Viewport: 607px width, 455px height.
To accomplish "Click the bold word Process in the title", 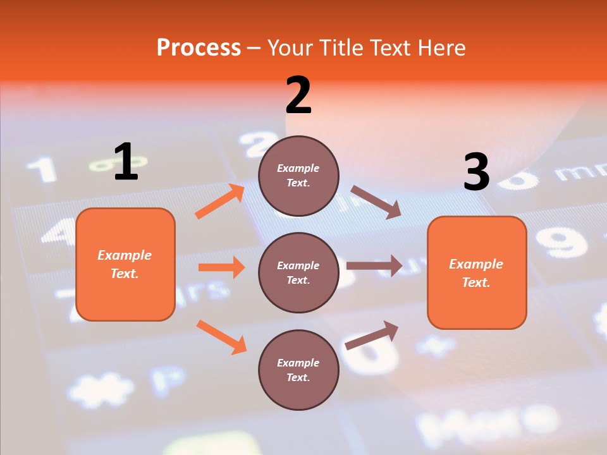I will click(x=199, y=48).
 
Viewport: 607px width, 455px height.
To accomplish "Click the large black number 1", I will click(x=126, y=162).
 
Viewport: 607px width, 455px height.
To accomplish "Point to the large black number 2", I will click(x=298, y=95).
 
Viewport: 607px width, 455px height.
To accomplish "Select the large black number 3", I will click(x=476, y=173).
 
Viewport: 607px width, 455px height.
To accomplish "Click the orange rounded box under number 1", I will click(x=125, y=264).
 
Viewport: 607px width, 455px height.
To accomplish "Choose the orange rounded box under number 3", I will click(x=477, y=272).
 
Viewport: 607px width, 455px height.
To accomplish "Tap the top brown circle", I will click(x=298, y=176).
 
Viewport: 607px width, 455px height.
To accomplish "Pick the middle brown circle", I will click(x=298, y=272).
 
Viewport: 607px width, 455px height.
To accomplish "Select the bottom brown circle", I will click(x=298, y=370).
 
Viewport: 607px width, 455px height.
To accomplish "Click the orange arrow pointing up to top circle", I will click(x=220, y=202).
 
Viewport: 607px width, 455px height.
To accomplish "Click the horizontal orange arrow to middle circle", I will click(x=221, y=267).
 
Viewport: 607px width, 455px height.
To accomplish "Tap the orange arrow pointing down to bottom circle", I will click(x=221, y=337).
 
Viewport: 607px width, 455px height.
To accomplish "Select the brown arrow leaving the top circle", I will click(x=376, y=202).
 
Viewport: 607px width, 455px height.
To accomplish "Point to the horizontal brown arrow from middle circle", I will click(x=374, y=265).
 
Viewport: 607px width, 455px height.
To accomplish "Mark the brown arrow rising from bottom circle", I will click(x=372, y=335).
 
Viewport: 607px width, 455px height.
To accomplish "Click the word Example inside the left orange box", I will click(x=125, y=255).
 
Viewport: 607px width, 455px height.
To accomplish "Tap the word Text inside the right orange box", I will click(x=475, y=282).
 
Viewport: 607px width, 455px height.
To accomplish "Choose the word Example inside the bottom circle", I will click(x=298, y=363).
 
